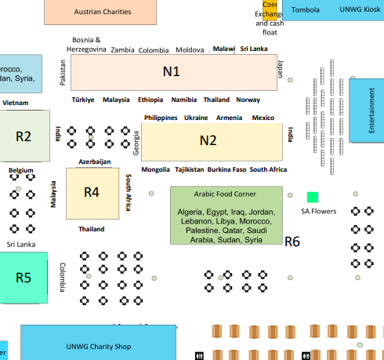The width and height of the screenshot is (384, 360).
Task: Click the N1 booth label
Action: pos(172,71)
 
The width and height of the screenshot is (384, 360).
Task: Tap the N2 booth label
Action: pos(208,140)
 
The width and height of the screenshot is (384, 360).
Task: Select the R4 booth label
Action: pos(92,192)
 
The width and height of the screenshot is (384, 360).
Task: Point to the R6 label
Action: pos(292,242)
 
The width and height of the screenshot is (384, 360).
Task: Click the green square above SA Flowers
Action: pos(313,197)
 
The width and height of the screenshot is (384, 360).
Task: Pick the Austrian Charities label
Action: pos(103,12)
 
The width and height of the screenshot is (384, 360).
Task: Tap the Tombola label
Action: pos(306,10)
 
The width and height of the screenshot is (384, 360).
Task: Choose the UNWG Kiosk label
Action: pos(360,9)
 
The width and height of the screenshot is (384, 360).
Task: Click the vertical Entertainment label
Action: pos(371,111)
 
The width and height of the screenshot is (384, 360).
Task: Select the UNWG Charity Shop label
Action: pos(99,347)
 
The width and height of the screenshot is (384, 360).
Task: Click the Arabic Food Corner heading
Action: pos(225,194)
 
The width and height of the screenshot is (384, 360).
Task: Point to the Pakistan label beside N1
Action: pos(63,73)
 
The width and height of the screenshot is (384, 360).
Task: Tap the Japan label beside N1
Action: pos(280,69)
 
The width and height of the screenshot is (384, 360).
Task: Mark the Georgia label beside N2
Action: pos(136,143)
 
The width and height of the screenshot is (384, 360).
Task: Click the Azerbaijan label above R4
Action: pos(95,162)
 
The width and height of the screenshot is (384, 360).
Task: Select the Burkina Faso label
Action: pos(226,169)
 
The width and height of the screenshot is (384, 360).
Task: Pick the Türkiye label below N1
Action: pos(83,100)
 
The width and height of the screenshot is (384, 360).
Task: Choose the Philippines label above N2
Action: pos(161,118)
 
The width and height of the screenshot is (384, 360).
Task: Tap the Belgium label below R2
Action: pos(21,170)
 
